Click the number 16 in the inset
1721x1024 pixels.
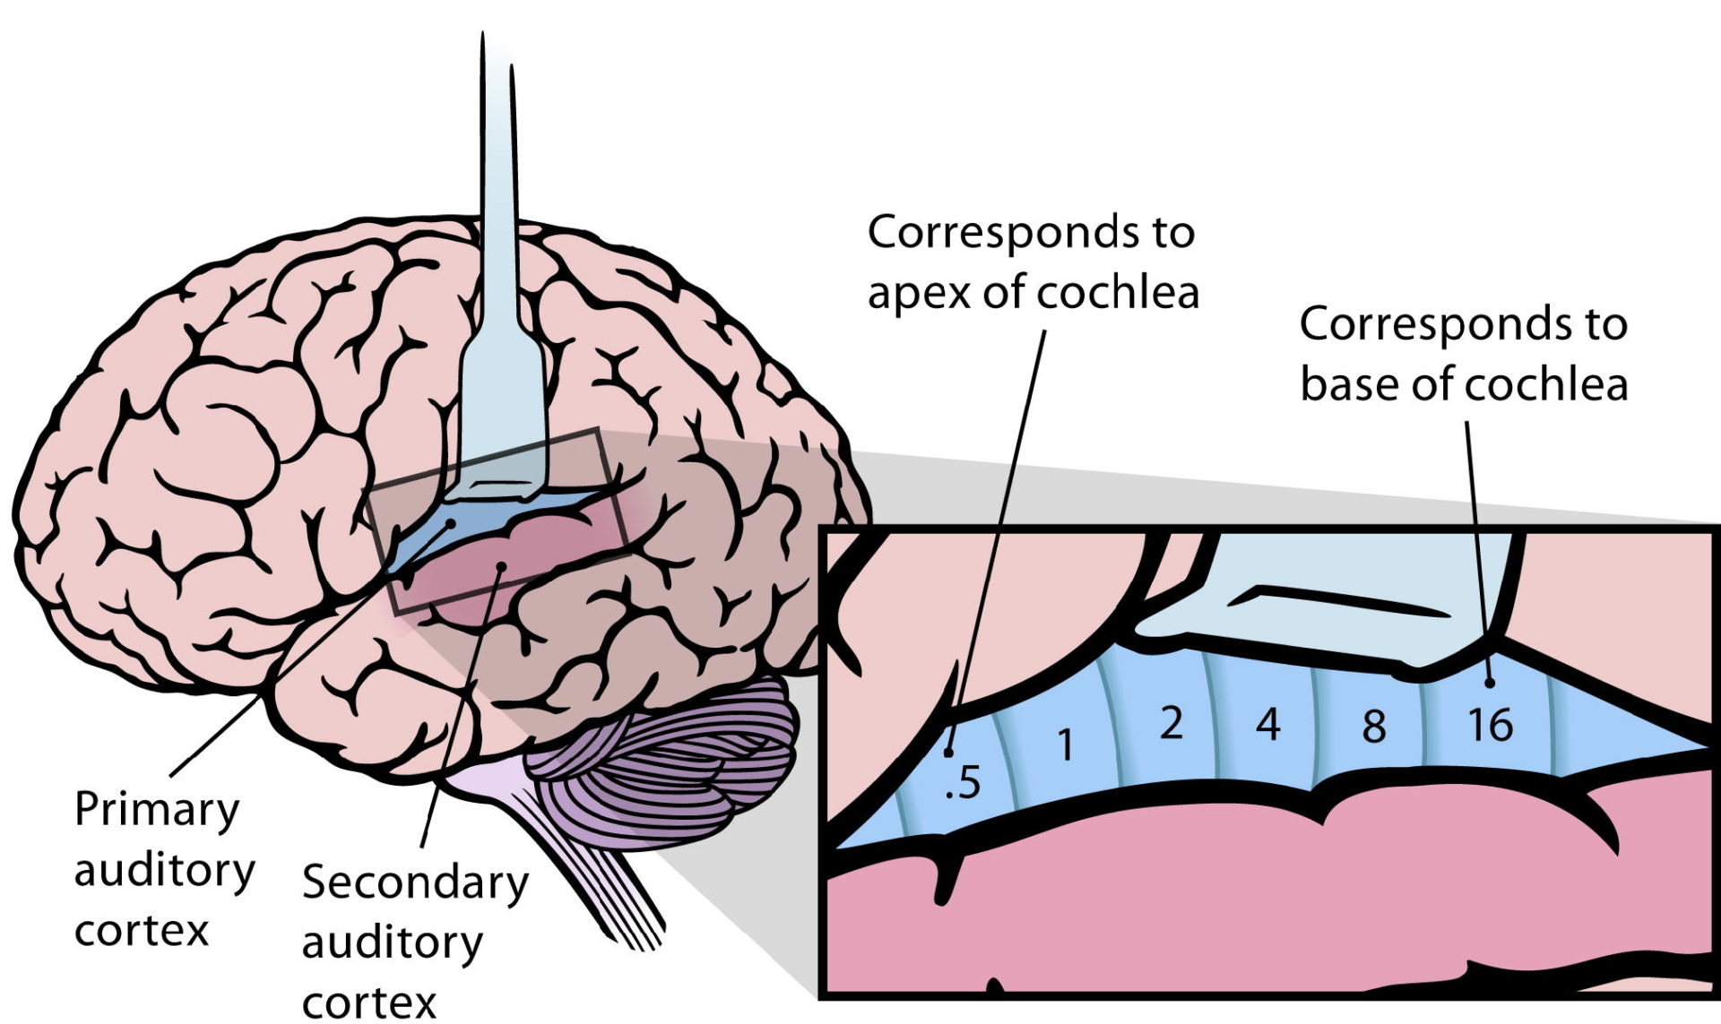(1491, 725)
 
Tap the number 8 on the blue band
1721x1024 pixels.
(1374, 727)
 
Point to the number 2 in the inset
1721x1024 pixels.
(1171, 723)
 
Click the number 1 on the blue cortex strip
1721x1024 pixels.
(1065, 744)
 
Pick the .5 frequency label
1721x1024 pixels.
(964, 782)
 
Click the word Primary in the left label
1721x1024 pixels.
(157, 810)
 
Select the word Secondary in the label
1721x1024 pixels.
(415, 882)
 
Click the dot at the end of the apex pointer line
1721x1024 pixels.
(948, 753)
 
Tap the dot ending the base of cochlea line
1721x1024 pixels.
(1490, 683)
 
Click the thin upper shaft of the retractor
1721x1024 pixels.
(497, 179)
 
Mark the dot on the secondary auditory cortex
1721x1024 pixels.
(502, 565)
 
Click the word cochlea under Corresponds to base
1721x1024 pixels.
(1545, 384)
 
